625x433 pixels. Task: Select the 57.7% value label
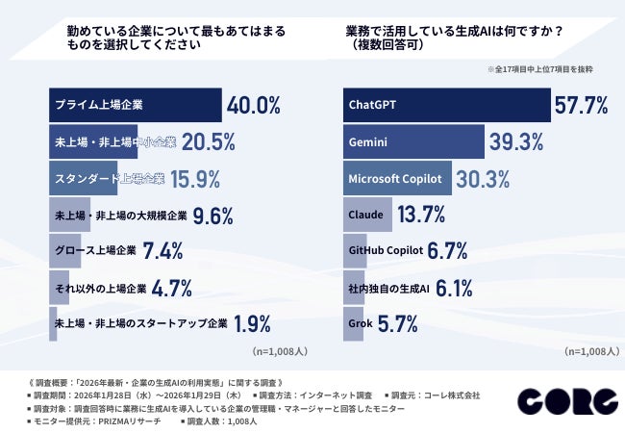point(581,104)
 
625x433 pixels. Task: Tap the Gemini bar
point(413,140)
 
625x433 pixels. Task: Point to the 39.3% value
point(515,141)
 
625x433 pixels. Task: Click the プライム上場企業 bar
point(136,104)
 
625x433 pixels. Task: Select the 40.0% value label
point(253,104)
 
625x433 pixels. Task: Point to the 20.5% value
point(208,140)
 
